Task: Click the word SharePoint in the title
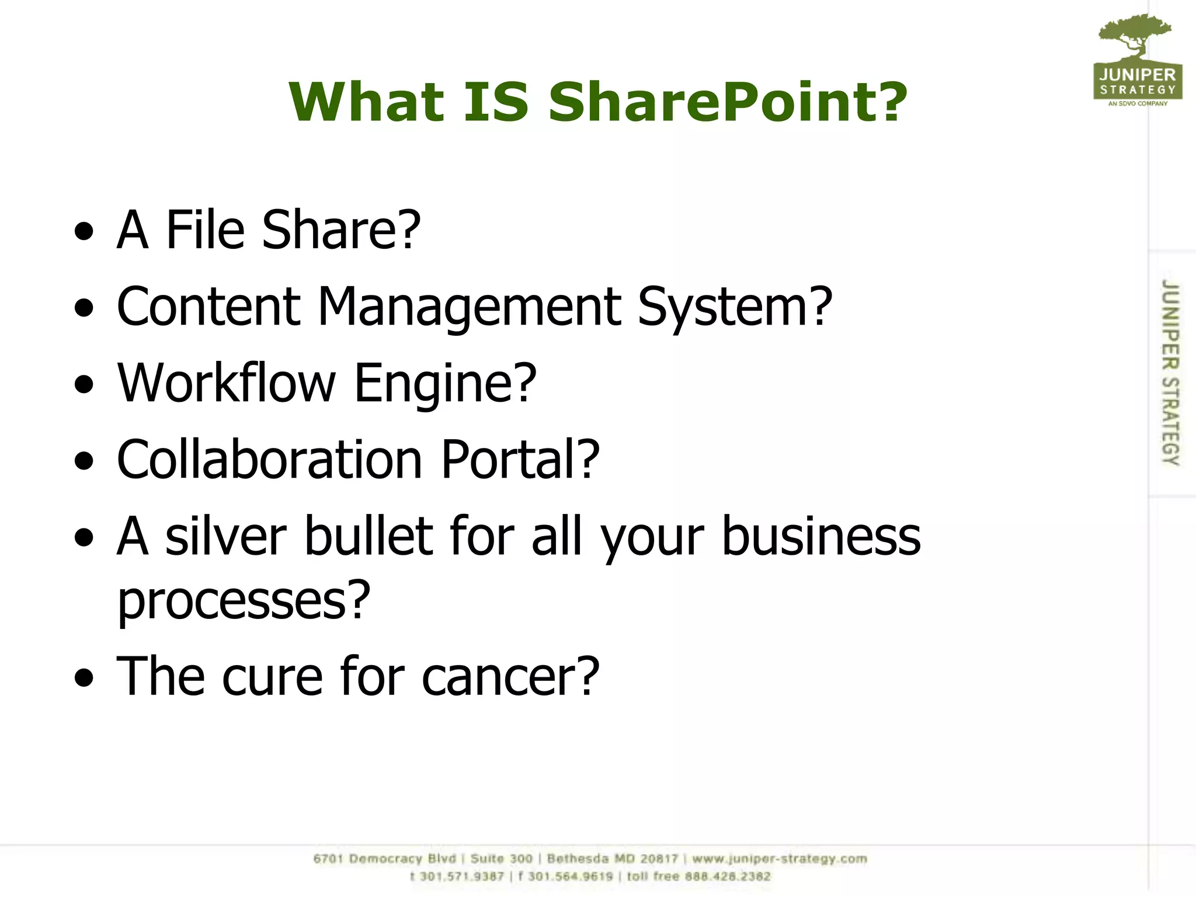click(x=728, y=102)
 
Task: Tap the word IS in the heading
click(x=496, y=102)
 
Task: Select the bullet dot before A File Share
click(x=84, y=231)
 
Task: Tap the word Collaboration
click(x=269, y=460)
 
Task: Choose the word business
click(x=821, y=536)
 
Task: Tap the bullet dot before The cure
click(x=84, y=677)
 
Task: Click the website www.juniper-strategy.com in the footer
click(x=780, y=858)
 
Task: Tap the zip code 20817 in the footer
click(x=659, y=858)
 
